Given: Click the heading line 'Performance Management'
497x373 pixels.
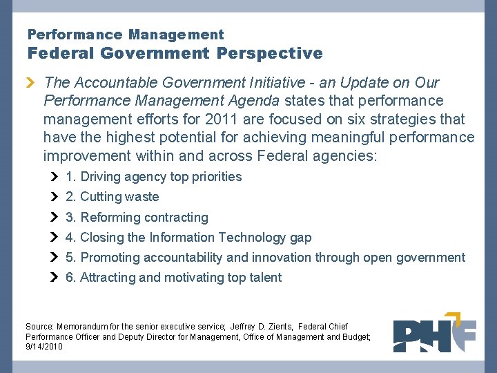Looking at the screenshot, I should pos(126,34).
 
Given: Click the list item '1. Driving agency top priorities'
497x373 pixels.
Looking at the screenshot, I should pos(153,177).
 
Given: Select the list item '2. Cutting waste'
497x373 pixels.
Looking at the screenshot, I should pos(112,197).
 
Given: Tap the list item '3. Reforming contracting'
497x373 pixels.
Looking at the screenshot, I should pos(137,218).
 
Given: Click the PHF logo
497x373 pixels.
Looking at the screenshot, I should pos(434,335).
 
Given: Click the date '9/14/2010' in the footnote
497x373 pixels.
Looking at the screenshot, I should pos(43,347).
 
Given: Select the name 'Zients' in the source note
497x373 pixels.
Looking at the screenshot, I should pos(271,326).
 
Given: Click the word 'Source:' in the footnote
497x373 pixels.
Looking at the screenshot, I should pos(40,326).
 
